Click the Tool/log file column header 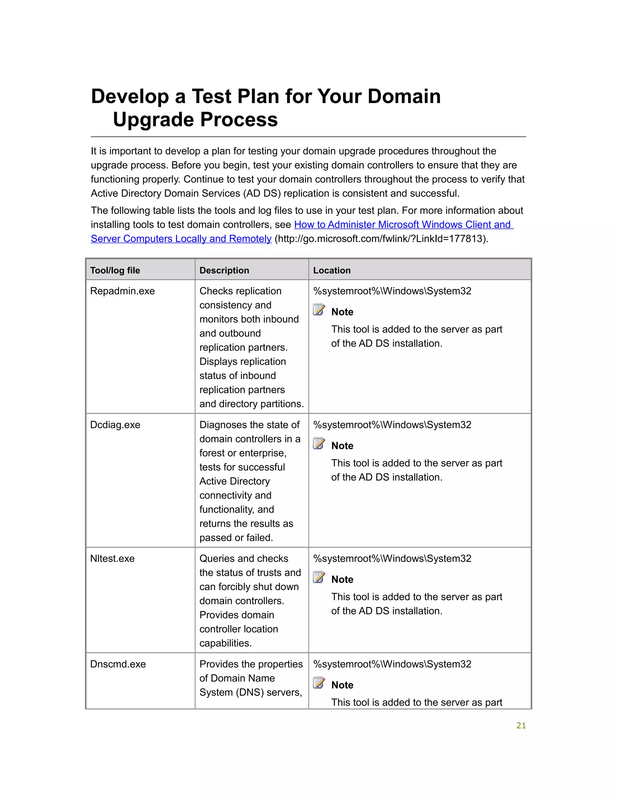115,270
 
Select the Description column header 224,270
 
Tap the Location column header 331,270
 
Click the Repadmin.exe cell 122,291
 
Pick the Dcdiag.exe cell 115,425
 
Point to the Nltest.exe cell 112,558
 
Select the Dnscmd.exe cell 118,664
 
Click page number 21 521,725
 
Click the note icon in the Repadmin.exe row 319,310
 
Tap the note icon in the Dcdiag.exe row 319,443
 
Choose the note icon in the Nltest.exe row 319,577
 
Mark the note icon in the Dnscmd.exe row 319,683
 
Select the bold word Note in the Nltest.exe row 342,579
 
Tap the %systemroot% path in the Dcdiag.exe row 392,425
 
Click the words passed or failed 236,538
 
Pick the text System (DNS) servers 250,692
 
